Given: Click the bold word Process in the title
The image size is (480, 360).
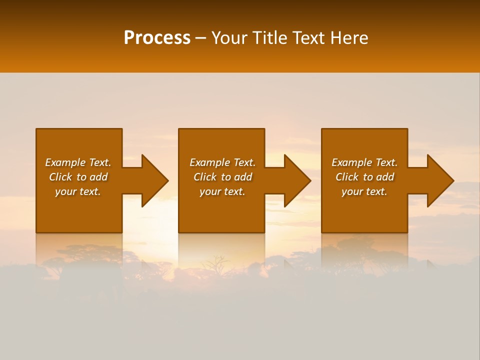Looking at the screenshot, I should pos(157,37).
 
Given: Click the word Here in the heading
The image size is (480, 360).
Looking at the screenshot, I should pos(349,37).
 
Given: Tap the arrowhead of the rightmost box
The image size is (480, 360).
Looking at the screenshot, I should pos(440,180).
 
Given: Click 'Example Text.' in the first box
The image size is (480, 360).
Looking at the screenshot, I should pos(78,162).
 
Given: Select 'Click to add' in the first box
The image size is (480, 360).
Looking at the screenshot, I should pos(78,177).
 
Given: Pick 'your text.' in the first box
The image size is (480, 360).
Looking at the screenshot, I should pos(78,191).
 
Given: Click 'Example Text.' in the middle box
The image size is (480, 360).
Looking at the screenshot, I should pos(222,162).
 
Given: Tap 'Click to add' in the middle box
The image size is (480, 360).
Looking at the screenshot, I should pos(222,177).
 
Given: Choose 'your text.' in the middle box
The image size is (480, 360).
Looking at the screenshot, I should pos(222,191).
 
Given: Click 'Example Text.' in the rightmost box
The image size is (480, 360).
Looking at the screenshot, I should pos(364,162).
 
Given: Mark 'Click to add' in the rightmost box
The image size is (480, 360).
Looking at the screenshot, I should pos(364,177).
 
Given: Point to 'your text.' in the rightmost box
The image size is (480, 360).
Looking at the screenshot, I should pos(364,191).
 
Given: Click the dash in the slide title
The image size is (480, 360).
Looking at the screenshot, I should pos(200,38).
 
